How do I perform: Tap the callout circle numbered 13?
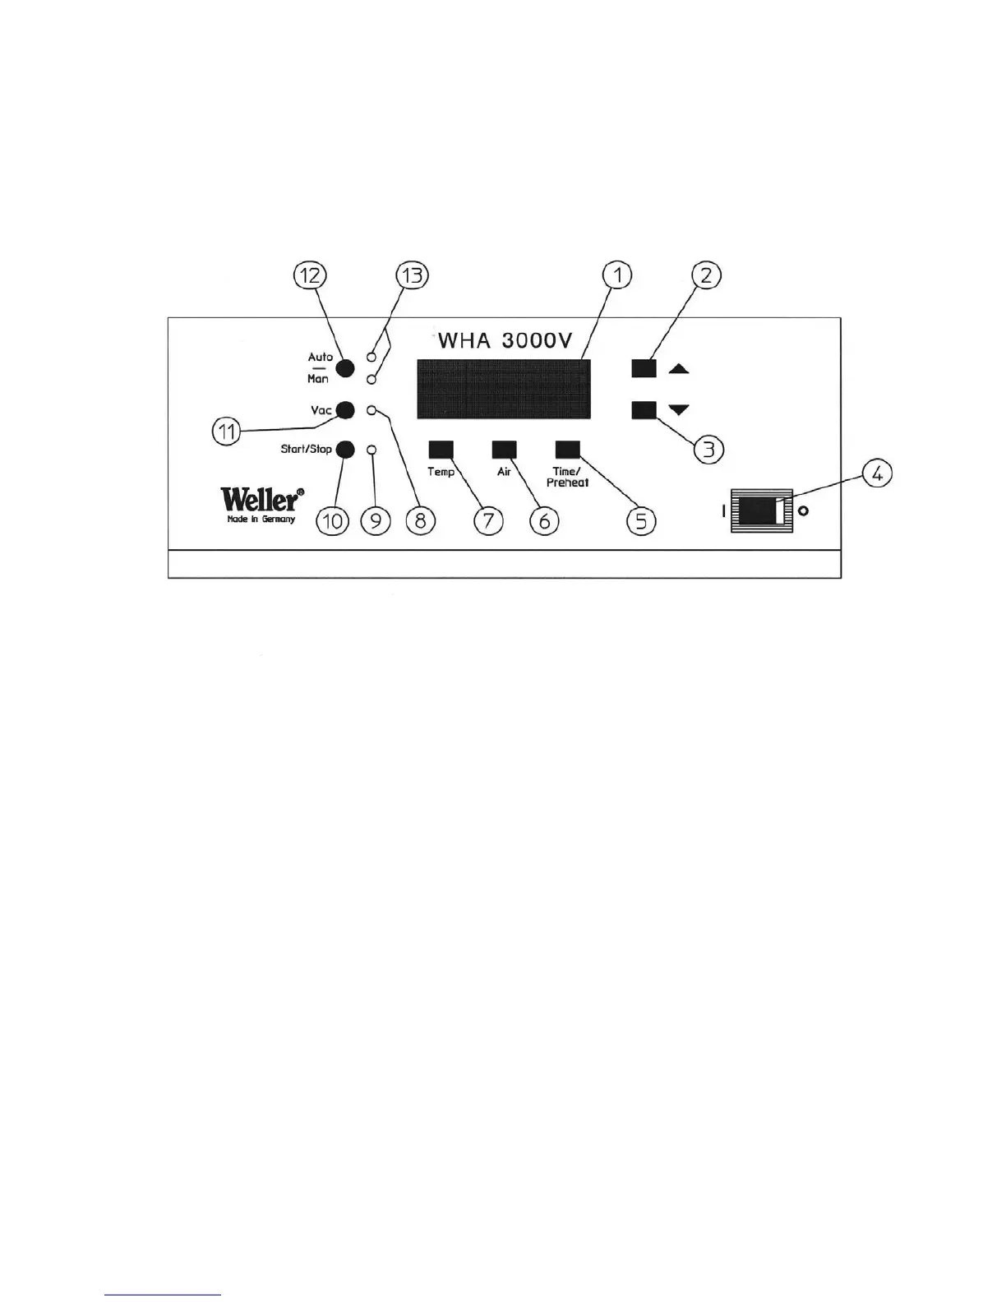(413, 275)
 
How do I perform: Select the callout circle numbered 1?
(617, 275)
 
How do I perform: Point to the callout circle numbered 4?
(877, 476)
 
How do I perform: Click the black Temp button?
(441, 449)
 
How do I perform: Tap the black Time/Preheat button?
(568, 449)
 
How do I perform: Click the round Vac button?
(346, 409)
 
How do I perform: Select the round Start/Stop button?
(346, 449)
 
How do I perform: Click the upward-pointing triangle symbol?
(678, 370)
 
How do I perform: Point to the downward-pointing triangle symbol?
(678, 409)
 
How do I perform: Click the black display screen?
(502, 390)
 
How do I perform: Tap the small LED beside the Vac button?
(371, 409)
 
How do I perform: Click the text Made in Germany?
(261, 519)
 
